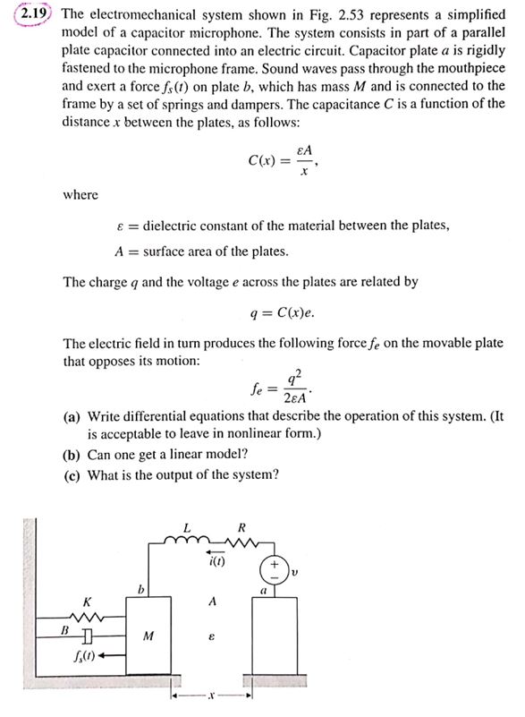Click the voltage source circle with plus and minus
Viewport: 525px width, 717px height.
point(270,568)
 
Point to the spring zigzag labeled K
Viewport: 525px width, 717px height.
point(86,618)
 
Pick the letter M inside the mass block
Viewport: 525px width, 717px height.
point(149,636)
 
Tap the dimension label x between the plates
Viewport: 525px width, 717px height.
point(211,695)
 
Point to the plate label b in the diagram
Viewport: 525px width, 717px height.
point(140,588)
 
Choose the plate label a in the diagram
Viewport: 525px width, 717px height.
point(264,592)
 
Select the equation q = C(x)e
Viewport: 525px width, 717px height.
point(284,313)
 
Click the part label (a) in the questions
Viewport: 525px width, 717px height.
point(71,417)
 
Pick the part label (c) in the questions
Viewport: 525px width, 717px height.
point(71,474)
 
